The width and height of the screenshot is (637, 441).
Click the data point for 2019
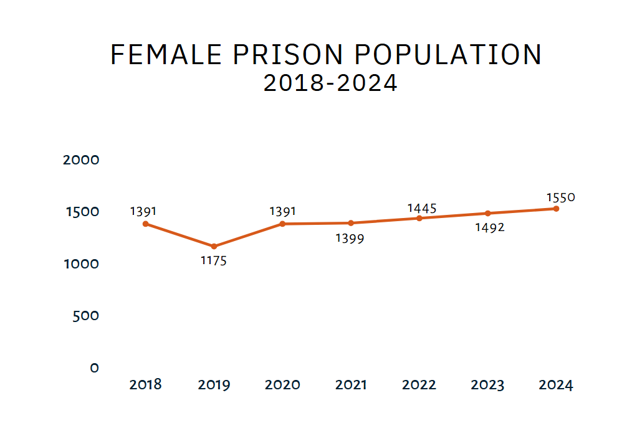(x=214, y=247)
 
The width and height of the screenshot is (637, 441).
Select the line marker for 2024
(x=556, y=209)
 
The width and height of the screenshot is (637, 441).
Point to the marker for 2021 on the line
(x=351, y=223)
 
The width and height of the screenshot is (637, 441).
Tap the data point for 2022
(x=419, y=218)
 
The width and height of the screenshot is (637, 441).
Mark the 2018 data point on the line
(x=145, y=224)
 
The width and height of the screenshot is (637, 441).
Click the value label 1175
(x=214, y=261)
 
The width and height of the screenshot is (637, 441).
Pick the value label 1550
(x=560, y=197)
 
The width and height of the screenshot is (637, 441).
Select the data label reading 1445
(x=422, y=208)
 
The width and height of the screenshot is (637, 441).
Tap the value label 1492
(x=489, y=227)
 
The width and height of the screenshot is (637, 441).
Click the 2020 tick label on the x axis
(x=282, y=385)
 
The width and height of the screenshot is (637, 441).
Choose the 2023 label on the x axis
(x=487, y=385)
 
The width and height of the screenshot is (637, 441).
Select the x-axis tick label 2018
(x=145, y=384)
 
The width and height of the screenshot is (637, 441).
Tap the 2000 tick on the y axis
(x=82, y=160)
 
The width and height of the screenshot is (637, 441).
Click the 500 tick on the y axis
(x=86, y=316)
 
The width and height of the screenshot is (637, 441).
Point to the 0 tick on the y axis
(x=94, y=368)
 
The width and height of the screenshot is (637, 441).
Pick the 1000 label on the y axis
(x=82, y=264)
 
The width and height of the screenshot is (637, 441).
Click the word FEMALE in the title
(x=166, y=55)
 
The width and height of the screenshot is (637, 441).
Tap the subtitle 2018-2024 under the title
(x=330, y=83)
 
